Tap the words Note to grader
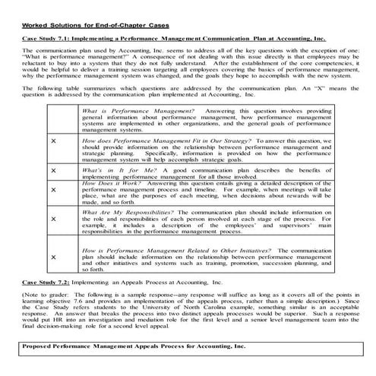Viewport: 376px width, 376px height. pyautogui.click(x=39, y=294)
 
